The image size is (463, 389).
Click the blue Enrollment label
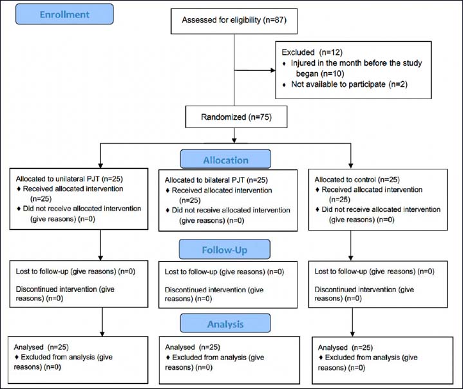tap(64, 14)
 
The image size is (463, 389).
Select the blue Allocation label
tap(225, 159)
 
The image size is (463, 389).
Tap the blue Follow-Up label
tap(224, 249)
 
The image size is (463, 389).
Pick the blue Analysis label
tap(225, 323)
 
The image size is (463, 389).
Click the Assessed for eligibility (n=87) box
tap(234, 21)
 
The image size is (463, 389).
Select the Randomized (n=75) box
tap(236, 117)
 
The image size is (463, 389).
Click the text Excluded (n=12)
tap(312, 52)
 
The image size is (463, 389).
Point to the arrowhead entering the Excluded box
tap(273, 70)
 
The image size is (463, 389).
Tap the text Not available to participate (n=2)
tap(349, 84)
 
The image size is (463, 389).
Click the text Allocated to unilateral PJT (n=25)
tap(70, 178)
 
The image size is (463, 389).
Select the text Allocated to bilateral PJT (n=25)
tap(216, 180)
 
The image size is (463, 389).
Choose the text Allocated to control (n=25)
tap(357, 180)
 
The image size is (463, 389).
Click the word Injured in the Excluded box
tap(303, 63)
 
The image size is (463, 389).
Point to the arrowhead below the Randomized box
tap(234, 140)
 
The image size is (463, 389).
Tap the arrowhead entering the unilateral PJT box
tap(100, 166)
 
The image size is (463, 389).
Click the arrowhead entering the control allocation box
tap(351, 166)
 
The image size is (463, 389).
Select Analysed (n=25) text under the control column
tap(345, 348)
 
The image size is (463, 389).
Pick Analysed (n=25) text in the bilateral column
tap(193, 347)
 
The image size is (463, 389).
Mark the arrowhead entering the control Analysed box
tap(353, 334)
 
